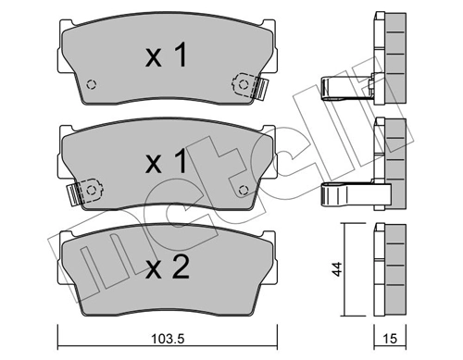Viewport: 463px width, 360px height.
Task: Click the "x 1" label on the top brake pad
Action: click(167, 57)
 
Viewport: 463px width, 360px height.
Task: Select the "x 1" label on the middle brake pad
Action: click(167, 164)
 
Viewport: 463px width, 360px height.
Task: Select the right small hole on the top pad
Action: click(243, 85)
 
